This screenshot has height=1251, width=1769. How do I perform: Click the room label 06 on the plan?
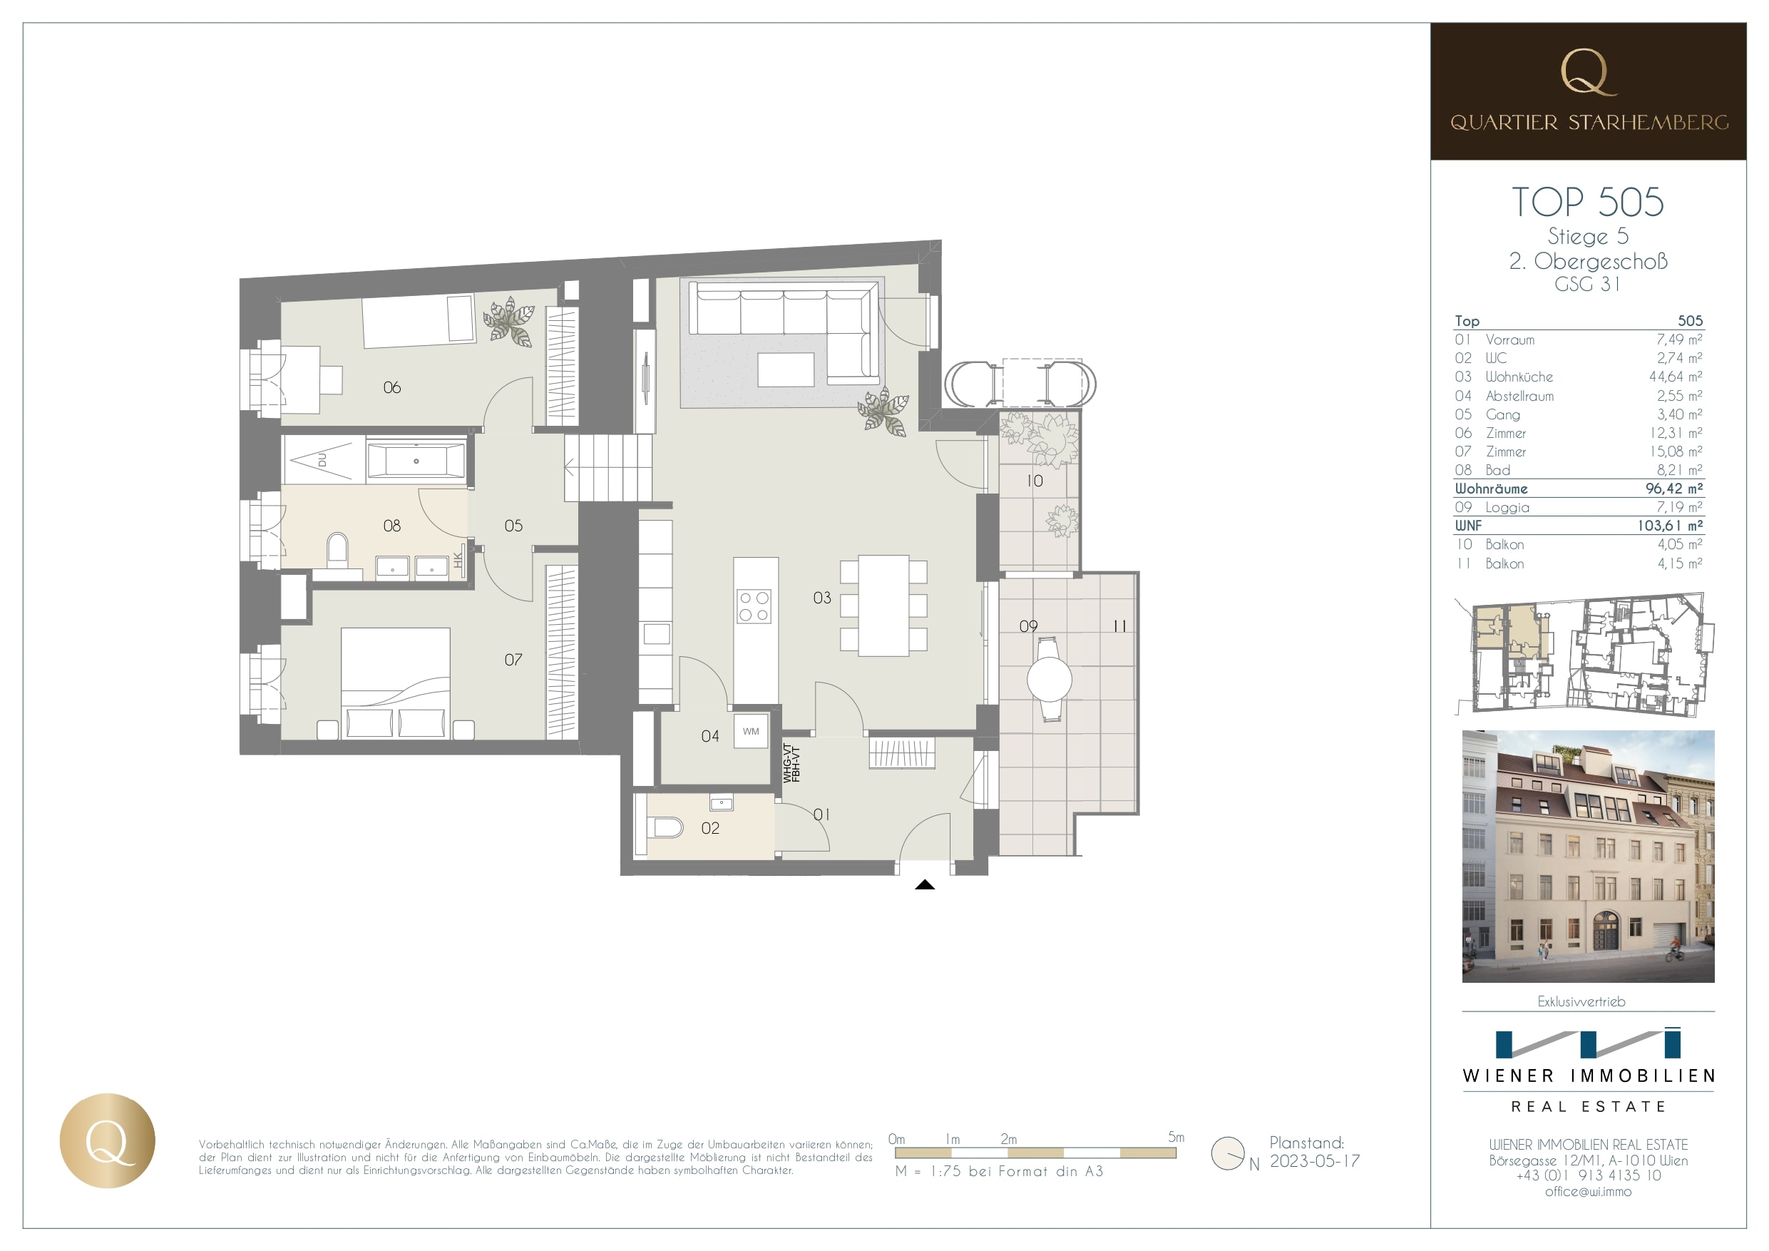pos(391,388)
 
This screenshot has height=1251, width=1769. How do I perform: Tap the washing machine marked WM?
pos(752,732)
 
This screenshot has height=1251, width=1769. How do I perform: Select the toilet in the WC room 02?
pos(667,828)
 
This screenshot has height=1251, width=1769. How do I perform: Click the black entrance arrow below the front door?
pos(925,885)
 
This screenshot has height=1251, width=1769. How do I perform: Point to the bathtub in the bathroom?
pos(416,461)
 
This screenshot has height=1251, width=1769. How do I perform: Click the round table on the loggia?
pos(1050,680)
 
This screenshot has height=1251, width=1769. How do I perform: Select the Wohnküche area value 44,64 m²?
pos(1675,377)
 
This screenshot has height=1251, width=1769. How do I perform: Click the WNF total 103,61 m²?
pos(1670,526)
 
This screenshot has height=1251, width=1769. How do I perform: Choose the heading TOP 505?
pos(1587,202)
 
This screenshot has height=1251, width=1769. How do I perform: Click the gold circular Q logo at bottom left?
pos(108,1140)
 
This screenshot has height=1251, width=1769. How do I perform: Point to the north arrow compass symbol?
pos(1228,1154)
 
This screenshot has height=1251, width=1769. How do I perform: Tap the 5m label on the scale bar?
pos(1176,1137)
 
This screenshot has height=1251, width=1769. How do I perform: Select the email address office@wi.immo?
pos(1588,1192)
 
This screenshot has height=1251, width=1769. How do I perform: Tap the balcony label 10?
pos(1035,481)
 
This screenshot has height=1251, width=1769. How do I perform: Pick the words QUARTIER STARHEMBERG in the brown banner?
pos(1589,123)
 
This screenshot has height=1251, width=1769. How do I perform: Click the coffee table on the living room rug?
pos(786,369)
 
